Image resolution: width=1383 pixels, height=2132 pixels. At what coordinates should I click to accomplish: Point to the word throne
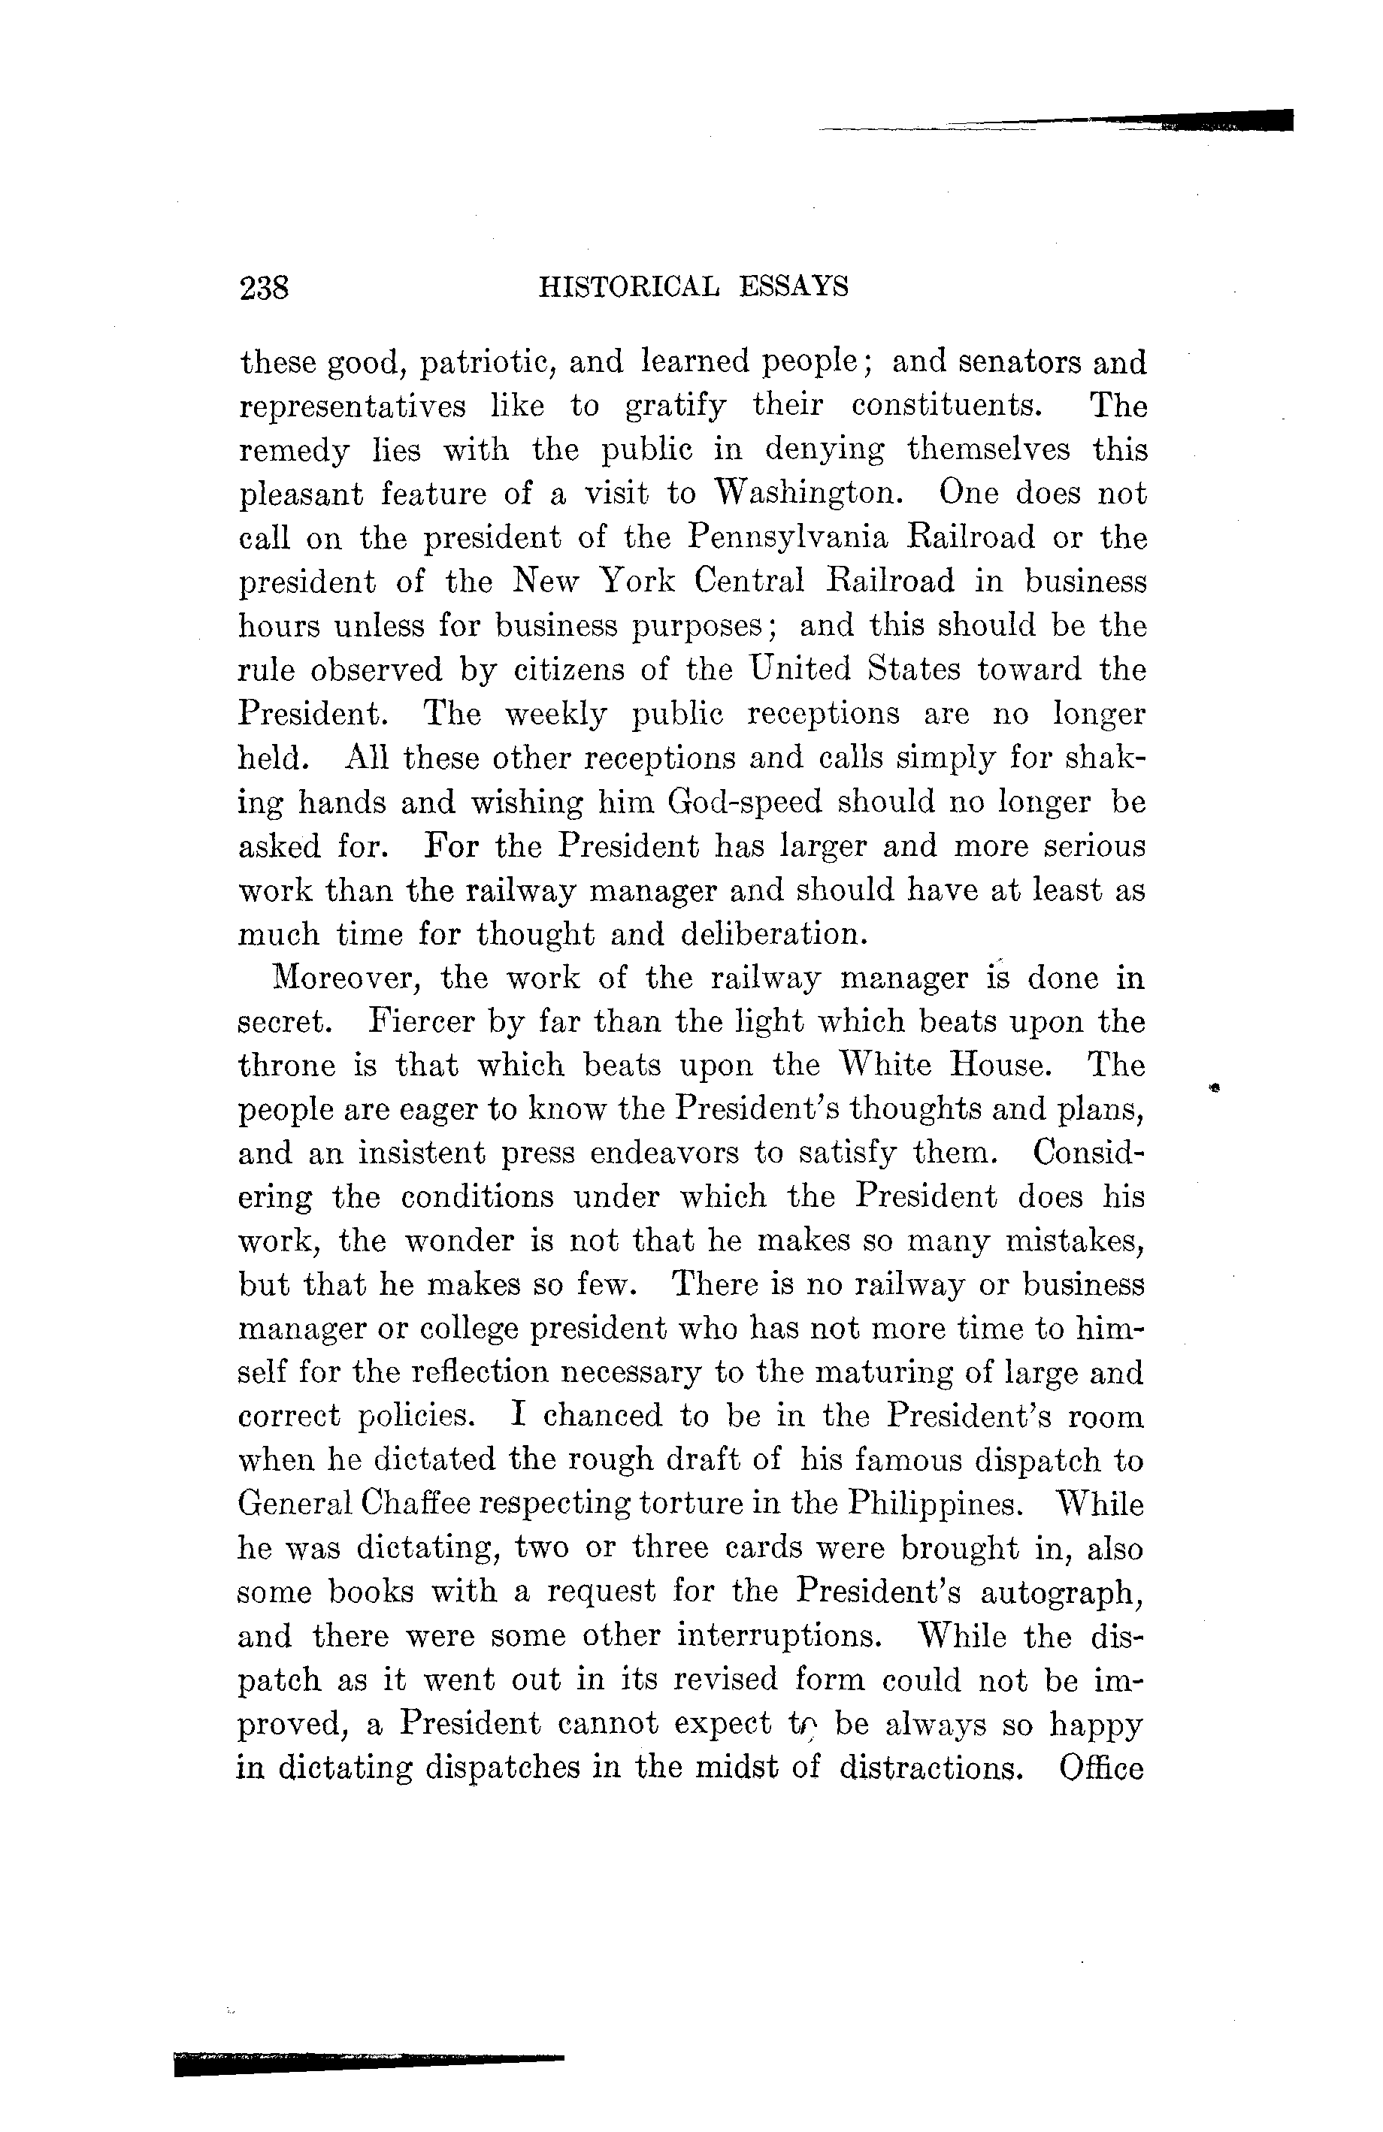(286, 1066)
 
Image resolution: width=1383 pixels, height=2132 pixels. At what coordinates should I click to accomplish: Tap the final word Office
(1100, 1769)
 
